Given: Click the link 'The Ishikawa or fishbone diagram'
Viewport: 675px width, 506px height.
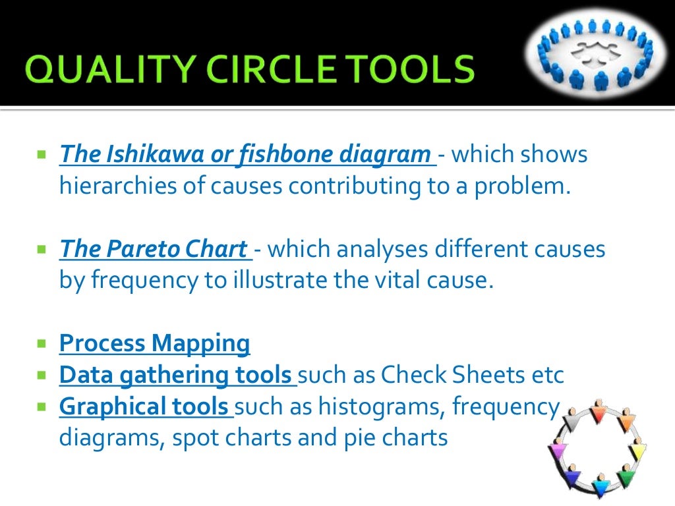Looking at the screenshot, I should tap(245, 155).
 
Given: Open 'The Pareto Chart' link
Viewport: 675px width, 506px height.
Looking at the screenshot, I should tap(153, 250).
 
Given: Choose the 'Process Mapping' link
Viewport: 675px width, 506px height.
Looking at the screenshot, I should tap(155, 343).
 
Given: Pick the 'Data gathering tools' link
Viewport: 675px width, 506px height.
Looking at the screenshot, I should tap(176, 375).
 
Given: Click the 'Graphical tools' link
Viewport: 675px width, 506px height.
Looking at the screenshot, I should tap(144, 407).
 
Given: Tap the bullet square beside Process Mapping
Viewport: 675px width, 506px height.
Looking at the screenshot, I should tap(42, 343).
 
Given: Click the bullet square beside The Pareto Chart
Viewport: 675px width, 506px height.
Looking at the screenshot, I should tap(42, 250).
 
